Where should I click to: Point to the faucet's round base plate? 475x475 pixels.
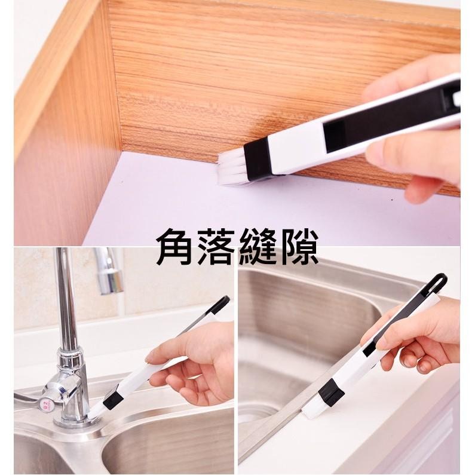coord(75,421)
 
